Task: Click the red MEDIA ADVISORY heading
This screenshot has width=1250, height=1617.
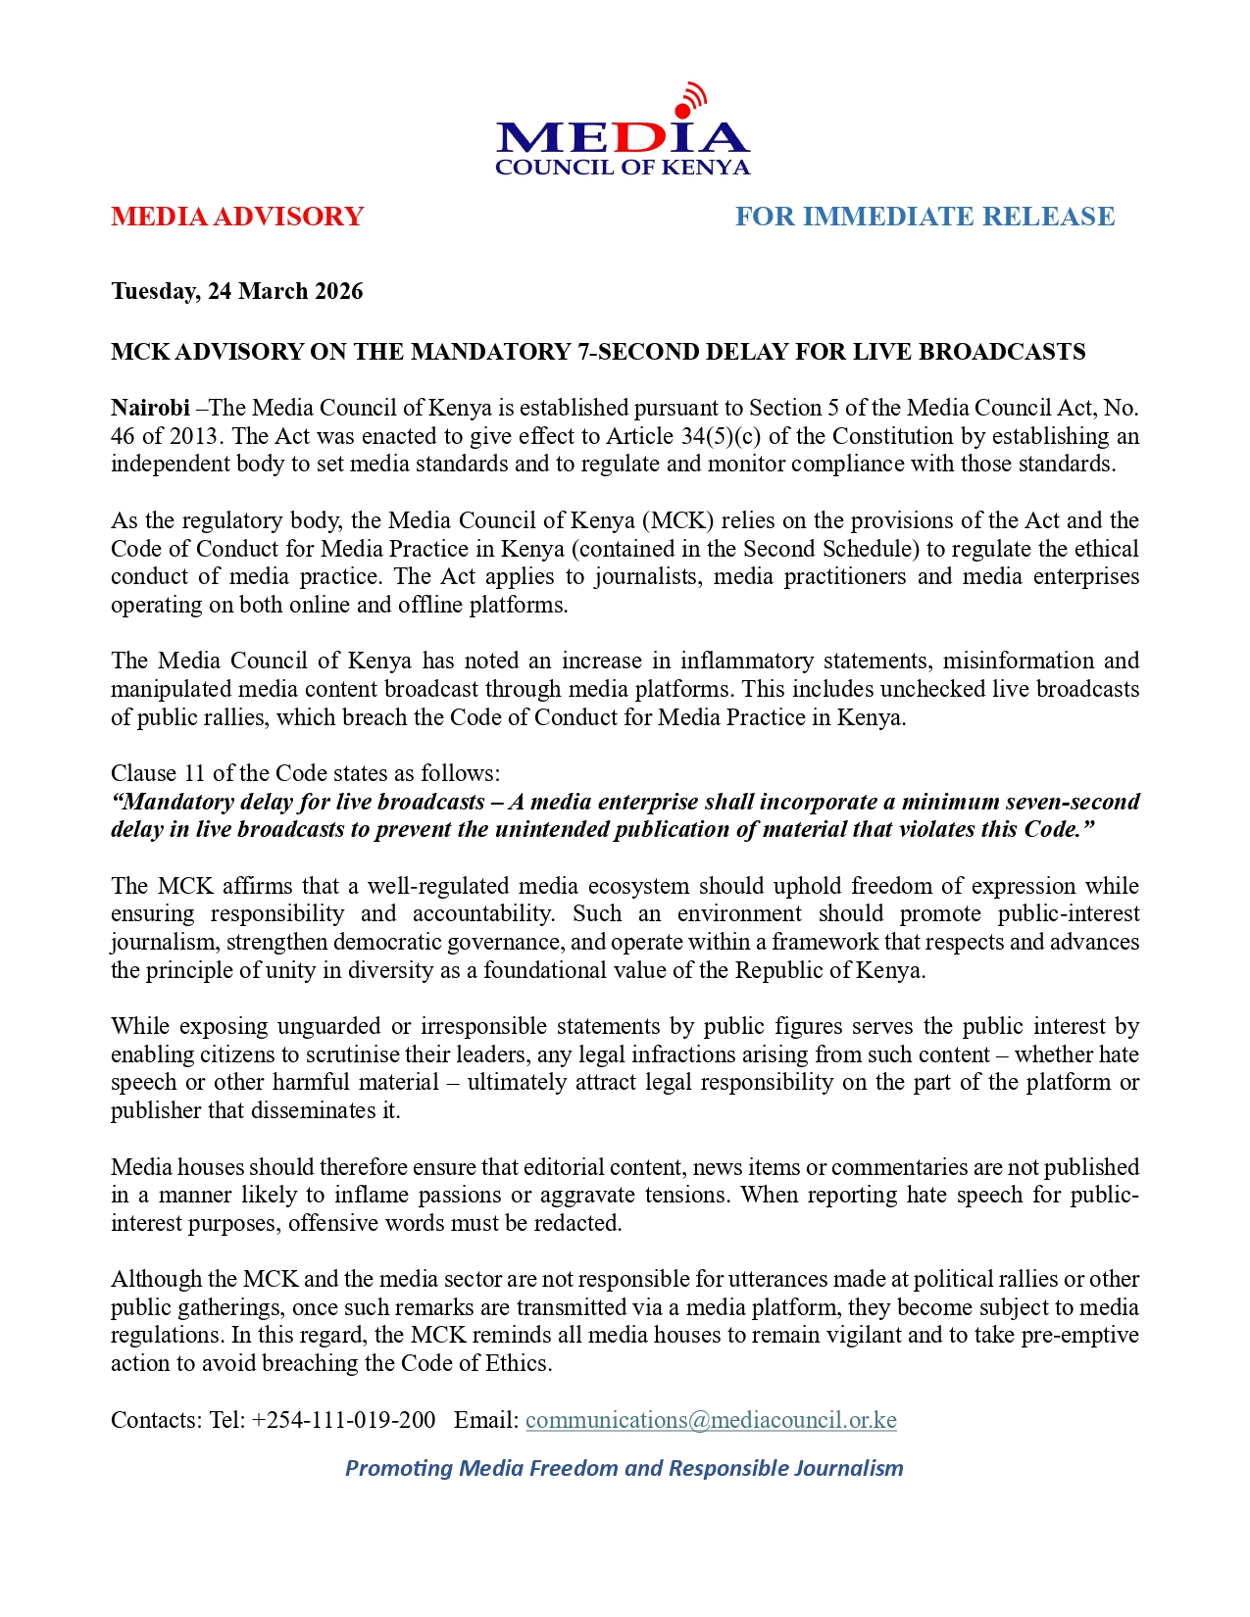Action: [237, 217]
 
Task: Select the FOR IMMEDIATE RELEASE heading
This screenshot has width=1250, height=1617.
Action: [925, 217]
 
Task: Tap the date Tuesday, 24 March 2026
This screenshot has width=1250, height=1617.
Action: [236, 291]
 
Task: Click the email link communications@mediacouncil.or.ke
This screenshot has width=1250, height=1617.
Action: [711, 1420]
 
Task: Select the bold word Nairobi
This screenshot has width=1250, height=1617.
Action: [150, 408]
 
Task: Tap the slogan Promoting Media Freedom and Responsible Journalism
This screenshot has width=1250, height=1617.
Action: [624, 1468]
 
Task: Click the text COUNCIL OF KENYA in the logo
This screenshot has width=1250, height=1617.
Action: [623, 168]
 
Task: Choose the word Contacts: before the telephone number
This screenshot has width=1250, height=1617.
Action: [157, 1420]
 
